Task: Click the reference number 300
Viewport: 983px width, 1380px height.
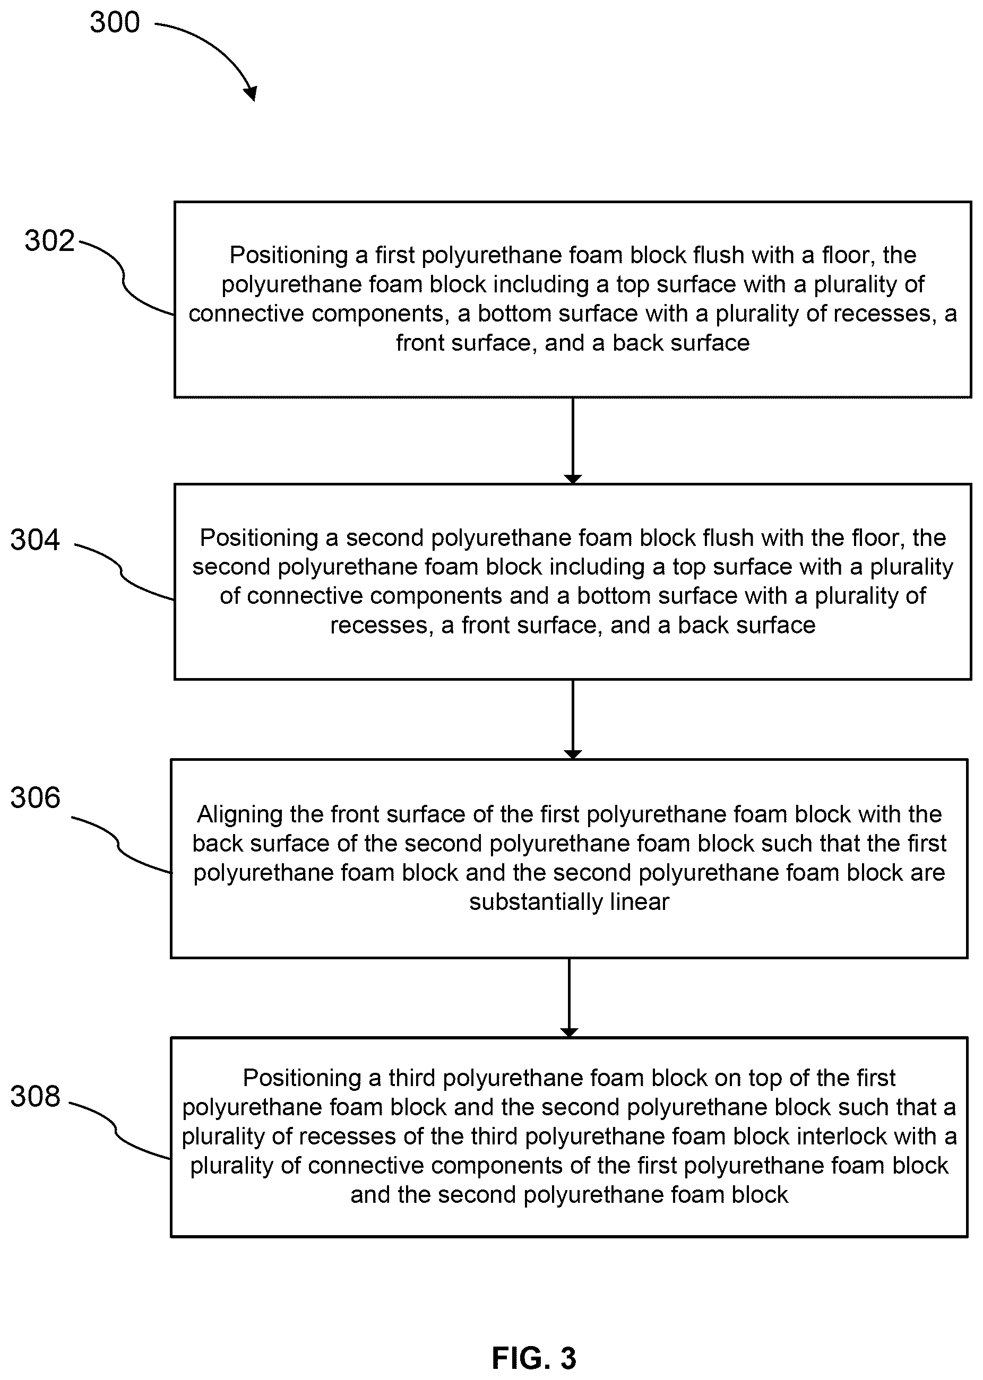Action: coord(115,22)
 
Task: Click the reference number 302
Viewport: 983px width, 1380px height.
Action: coord(50,241)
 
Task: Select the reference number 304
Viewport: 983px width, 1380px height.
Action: coord(35,540)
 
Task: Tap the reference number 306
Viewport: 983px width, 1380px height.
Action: coord(35,798)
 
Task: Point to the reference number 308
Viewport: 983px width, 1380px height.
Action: coord(35,1096)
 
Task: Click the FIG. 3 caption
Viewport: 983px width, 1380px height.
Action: coord(534,1358)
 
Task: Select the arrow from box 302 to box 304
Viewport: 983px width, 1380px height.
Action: coord(573,440)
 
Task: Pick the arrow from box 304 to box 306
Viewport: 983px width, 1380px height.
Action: coord(573,719)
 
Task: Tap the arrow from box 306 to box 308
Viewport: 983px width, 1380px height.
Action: coord(569,997)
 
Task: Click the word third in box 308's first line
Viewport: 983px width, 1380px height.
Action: coord(412,1078)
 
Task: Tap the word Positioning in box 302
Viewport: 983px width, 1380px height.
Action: coord(289,256)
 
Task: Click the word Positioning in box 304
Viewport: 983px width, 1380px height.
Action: coord(259,539)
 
